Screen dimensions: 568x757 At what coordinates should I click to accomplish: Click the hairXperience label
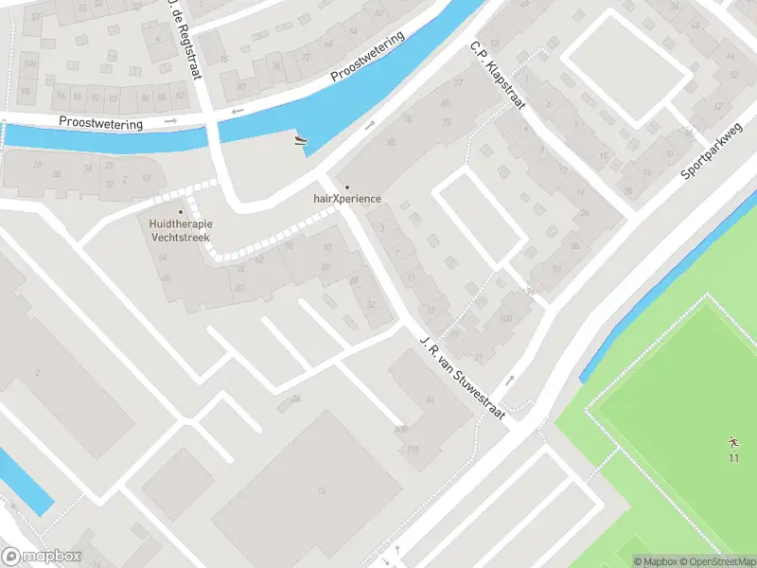(346, 199)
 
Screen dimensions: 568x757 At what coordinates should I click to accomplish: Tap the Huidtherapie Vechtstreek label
(180, 230)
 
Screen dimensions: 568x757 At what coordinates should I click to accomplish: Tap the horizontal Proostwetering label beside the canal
(100, 123)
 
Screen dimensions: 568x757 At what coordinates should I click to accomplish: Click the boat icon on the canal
(301, 142)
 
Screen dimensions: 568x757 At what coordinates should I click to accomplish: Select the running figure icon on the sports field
(732, 442)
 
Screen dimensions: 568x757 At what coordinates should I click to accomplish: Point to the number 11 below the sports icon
(732, 459)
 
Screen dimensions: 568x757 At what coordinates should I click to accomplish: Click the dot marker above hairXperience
(346, 186)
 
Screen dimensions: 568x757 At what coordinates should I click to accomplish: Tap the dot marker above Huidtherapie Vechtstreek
(180, 211)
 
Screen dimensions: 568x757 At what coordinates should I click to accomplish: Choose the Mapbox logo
(41, 557)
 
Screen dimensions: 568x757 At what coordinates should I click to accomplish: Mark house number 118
(413, 449)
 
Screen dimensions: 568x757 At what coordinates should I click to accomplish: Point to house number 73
(446, 123)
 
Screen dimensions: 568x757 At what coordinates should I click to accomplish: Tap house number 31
(479, 357)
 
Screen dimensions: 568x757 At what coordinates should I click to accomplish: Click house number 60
(166, 277)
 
